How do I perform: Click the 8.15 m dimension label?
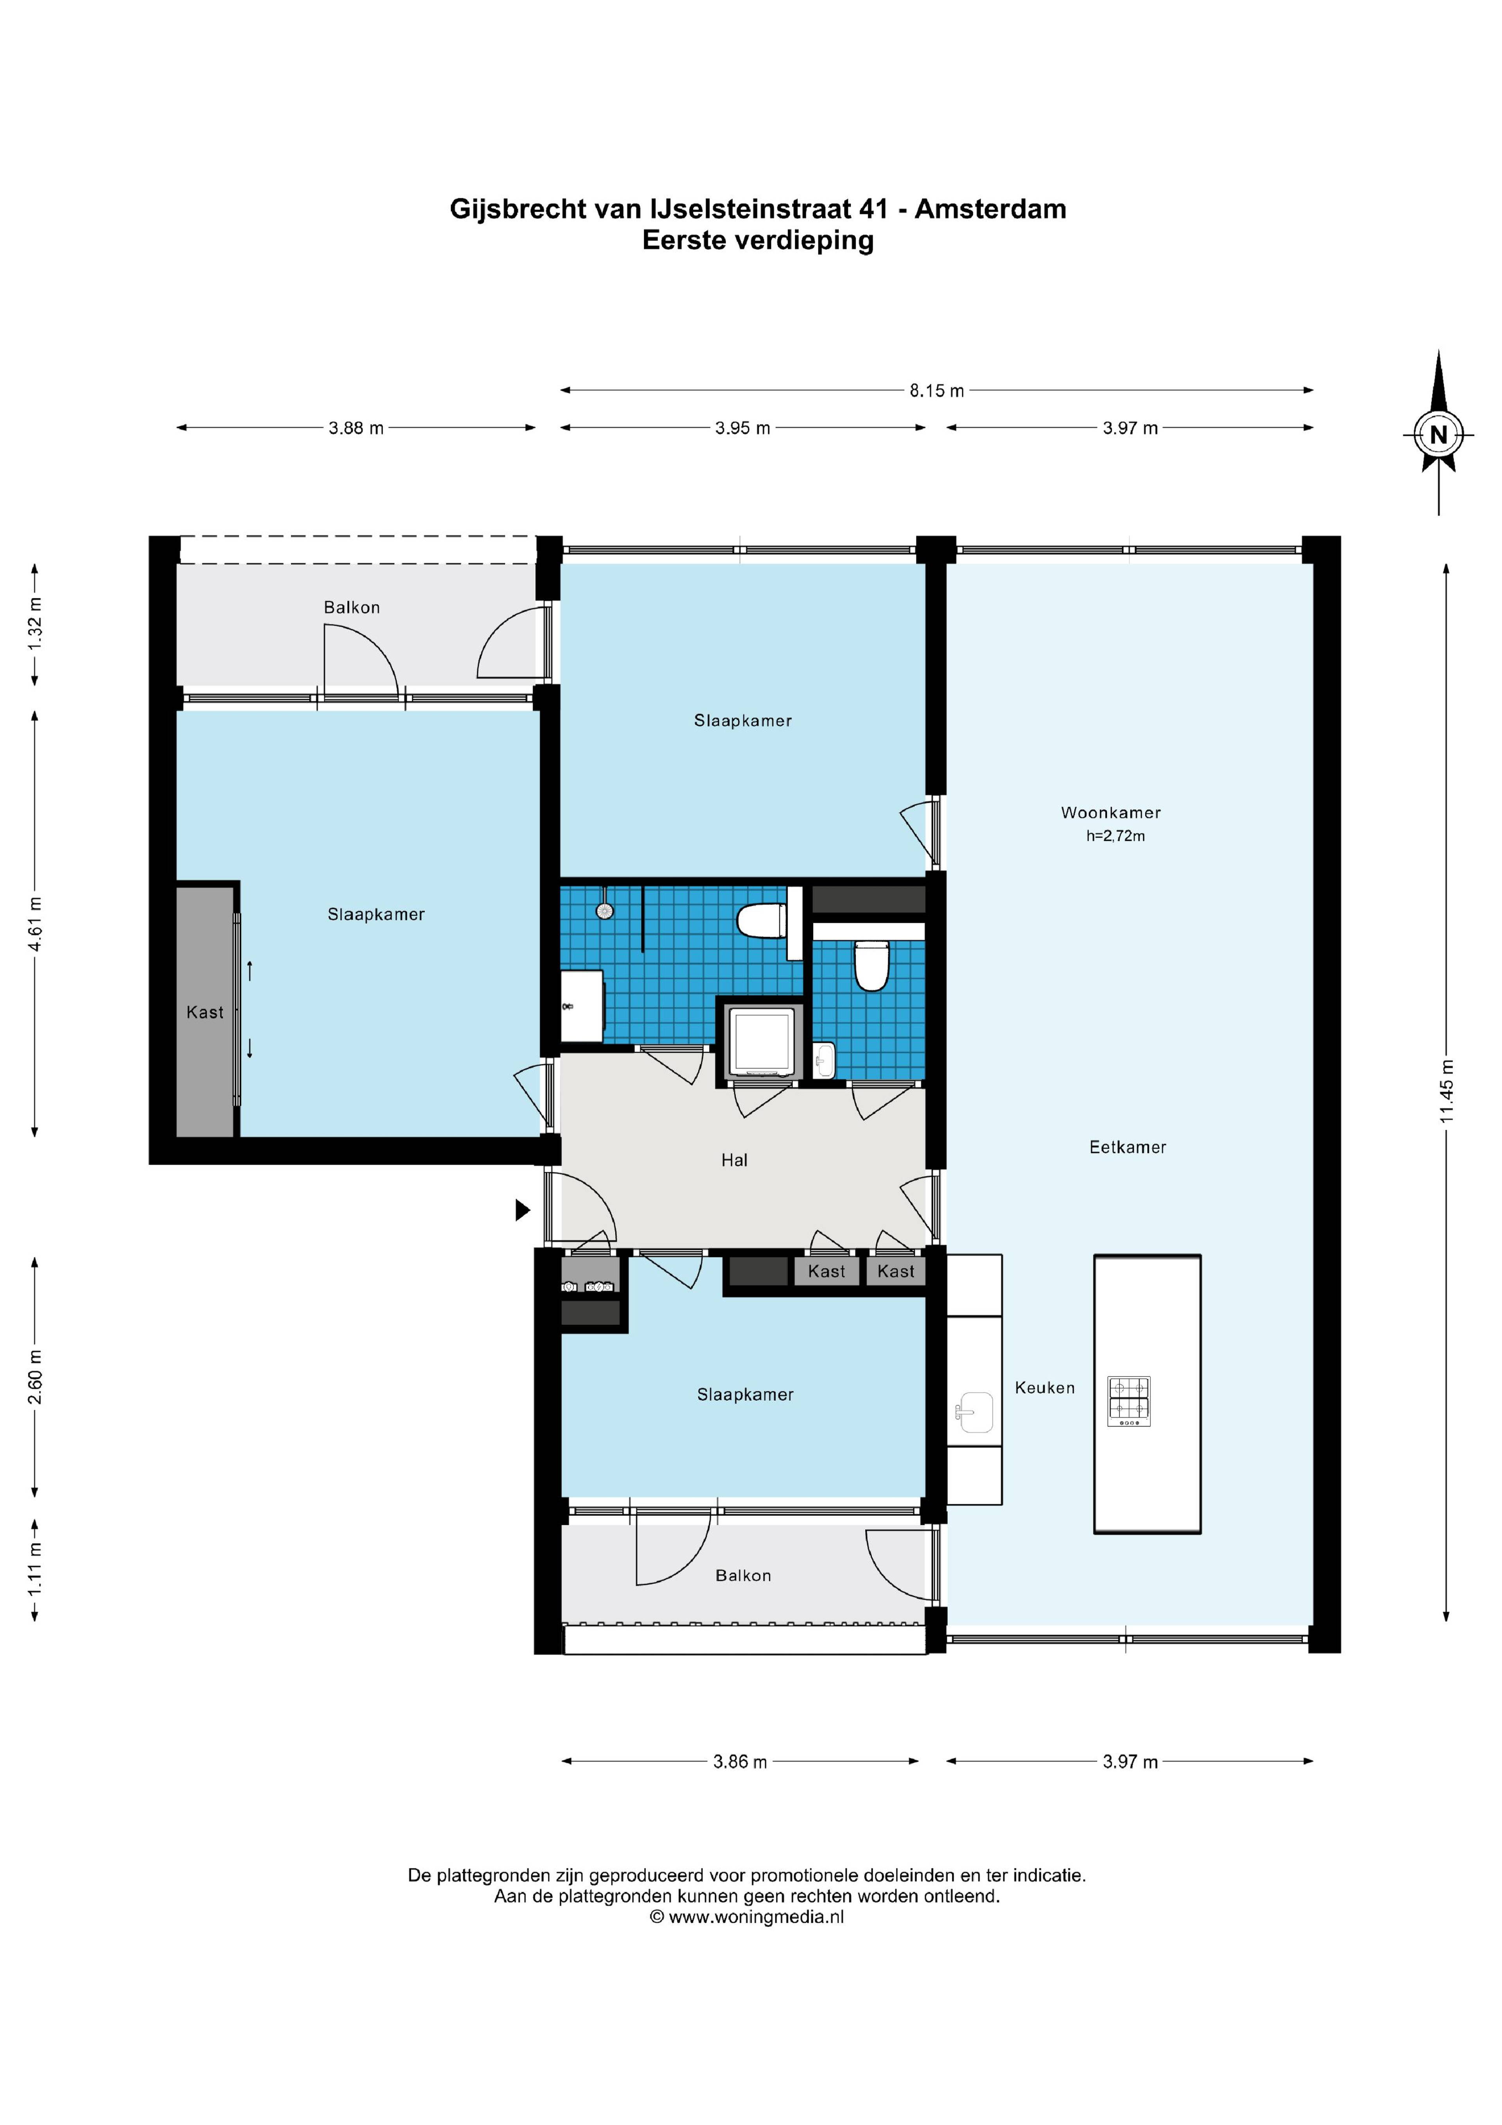click(x=936, y=390)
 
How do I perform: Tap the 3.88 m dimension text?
click(x=356, y=428)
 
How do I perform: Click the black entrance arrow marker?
click(x=523, y=1210)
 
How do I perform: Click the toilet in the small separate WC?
click(x=871, y=966)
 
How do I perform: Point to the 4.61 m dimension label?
click(x=35, y=924)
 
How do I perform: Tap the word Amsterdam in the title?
click(x=990, y=209)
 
